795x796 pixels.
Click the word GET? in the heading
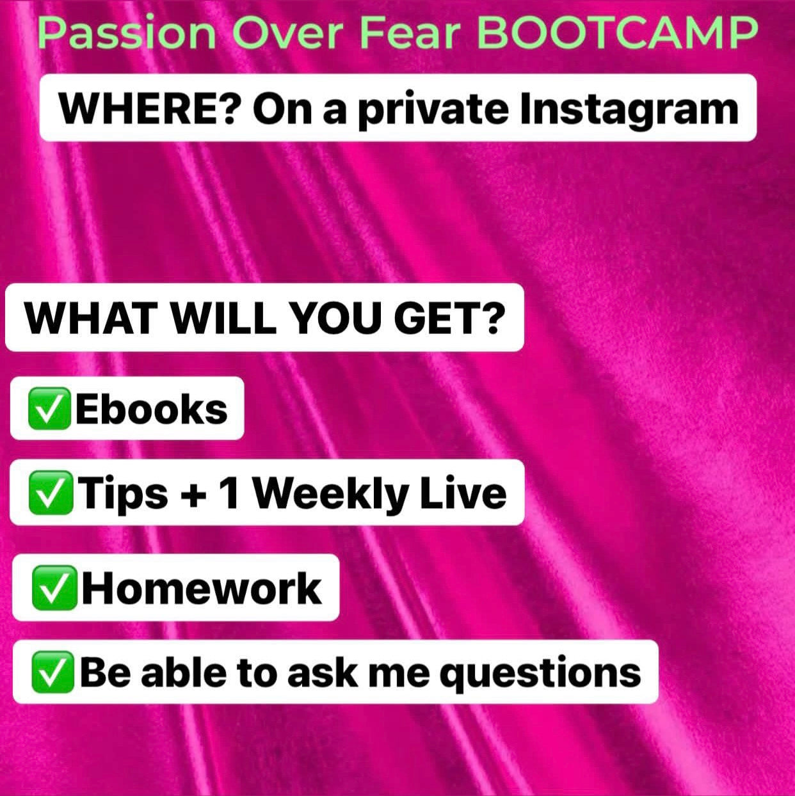point(450,318)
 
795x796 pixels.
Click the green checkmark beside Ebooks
point(49,408)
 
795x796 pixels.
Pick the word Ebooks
point(151,408)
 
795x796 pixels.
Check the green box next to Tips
point(51,493)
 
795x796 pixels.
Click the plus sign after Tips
point(193,495)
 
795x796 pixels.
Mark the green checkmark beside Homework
point(54,588)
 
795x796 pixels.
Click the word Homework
point(202,588)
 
